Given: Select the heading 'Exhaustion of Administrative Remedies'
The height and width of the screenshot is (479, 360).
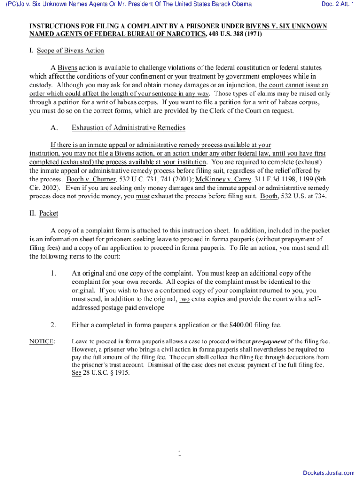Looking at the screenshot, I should coord(129,128).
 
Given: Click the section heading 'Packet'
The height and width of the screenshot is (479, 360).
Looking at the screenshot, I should coord(49,213).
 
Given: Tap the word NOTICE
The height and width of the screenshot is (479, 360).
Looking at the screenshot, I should coord(42,341).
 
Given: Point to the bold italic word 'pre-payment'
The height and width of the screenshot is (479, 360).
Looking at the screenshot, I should coord(269,341).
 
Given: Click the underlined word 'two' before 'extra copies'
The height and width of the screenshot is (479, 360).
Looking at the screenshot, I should coord(184,299).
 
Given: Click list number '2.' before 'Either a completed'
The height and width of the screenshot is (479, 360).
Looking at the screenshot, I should coord(53,325).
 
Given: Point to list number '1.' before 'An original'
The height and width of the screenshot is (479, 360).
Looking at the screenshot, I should coord(53,273).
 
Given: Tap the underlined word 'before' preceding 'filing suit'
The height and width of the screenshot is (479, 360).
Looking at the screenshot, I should coord(185,171).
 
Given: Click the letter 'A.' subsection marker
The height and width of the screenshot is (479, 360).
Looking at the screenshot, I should coord(54,128).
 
